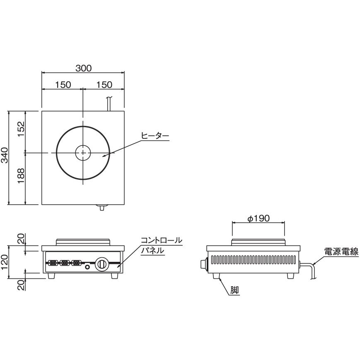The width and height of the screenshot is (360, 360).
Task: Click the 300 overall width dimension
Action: pos(83,68)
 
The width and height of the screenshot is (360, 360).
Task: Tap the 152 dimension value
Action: pos(22,131)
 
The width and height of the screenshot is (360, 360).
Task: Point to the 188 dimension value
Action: pos(22,179)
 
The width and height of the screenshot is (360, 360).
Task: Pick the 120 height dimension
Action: pos(5,262)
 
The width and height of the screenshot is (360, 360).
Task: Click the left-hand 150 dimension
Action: pos(63,85)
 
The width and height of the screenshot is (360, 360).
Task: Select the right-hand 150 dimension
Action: pos(104,85)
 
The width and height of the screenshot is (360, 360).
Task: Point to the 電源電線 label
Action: pos(341,251)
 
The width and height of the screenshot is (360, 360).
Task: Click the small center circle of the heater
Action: pos(83,153)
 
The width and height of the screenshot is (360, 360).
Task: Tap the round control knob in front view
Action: pos(102,264)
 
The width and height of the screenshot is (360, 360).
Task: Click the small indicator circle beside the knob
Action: pos(87,268)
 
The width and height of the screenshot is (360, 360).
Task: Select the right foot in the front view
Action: pos(114,276)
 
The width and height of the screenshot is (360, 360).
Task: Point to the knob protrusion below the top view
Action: pos(101,207)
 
